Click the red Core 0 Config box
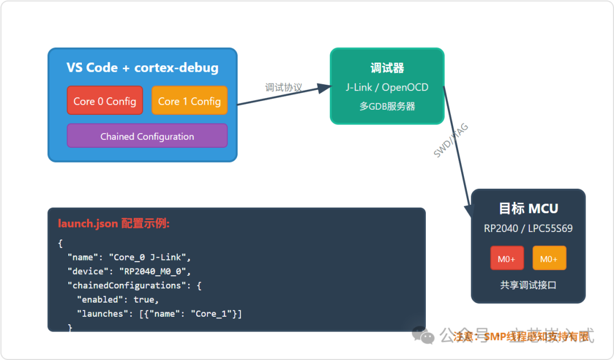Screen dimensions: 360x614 click(105, 101)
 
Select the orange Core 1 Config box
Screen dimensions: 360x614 click(189, 101)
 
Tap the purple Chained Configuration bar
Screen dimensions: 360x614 click(147, 136)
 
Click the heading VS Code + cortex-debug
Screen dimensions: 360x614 click(142, 68)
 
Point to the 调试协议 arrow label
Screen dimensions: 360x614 click(283, 88)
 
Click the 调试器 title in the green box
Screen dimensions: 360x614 click(387, 68)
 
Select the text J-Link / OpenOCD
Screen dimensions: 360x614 click(387, 88)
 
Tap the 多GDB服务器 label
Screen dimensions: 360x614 click(387, 106)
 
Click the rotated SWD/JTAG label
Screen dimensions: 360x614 click(451, 140)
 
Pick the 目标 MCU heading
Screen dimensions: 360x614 click(528, 209)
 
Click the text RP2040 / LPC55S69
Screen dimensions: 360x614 click(528, 229)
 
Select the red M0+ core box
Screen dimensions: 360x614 click(507, 259)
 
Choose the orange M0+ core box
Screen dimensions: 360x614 click(549, 259)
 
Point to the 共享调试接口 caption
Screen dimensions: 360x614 click(528, 285)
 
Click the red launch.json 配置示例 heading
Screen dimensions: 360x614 click(114, 224)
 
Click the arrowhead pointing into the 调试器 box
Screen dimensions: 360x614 click(323, 88)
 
